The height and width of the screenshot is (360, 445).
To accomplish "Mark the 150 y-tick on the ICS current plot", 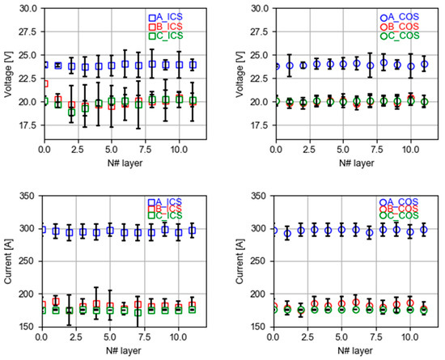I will coord(30,328).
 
